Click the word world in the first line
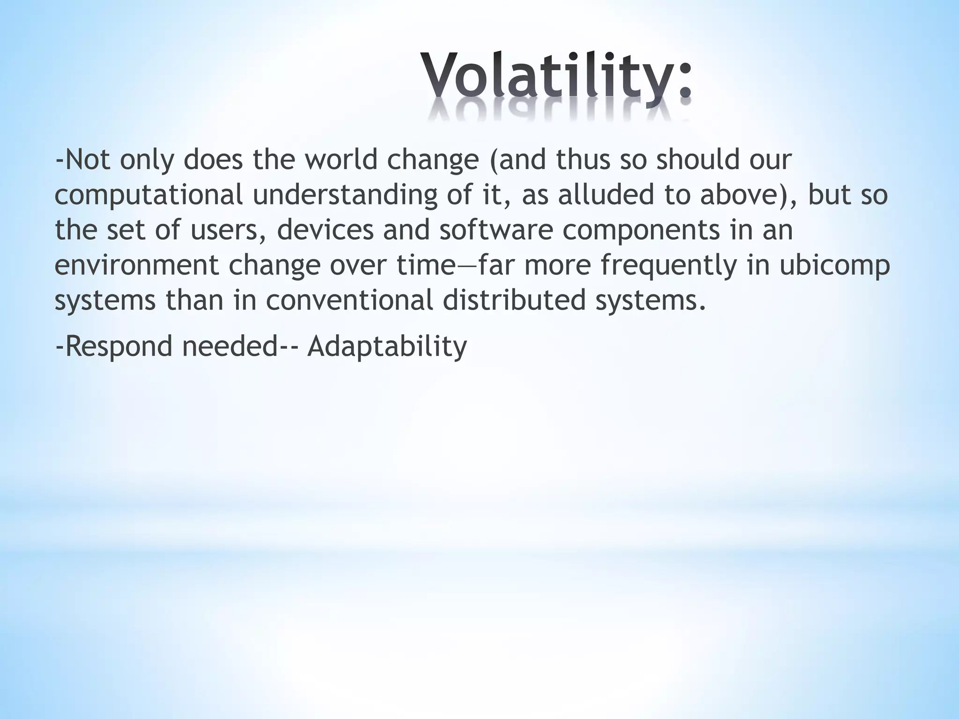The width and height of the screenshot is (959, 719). click(341, 160)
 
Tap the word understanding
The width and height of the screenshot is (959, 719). click(345, 195)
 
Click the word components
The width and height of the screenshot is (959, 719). click(641, 231)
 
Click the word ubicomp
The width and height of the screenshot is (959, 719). click(834, 266)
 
